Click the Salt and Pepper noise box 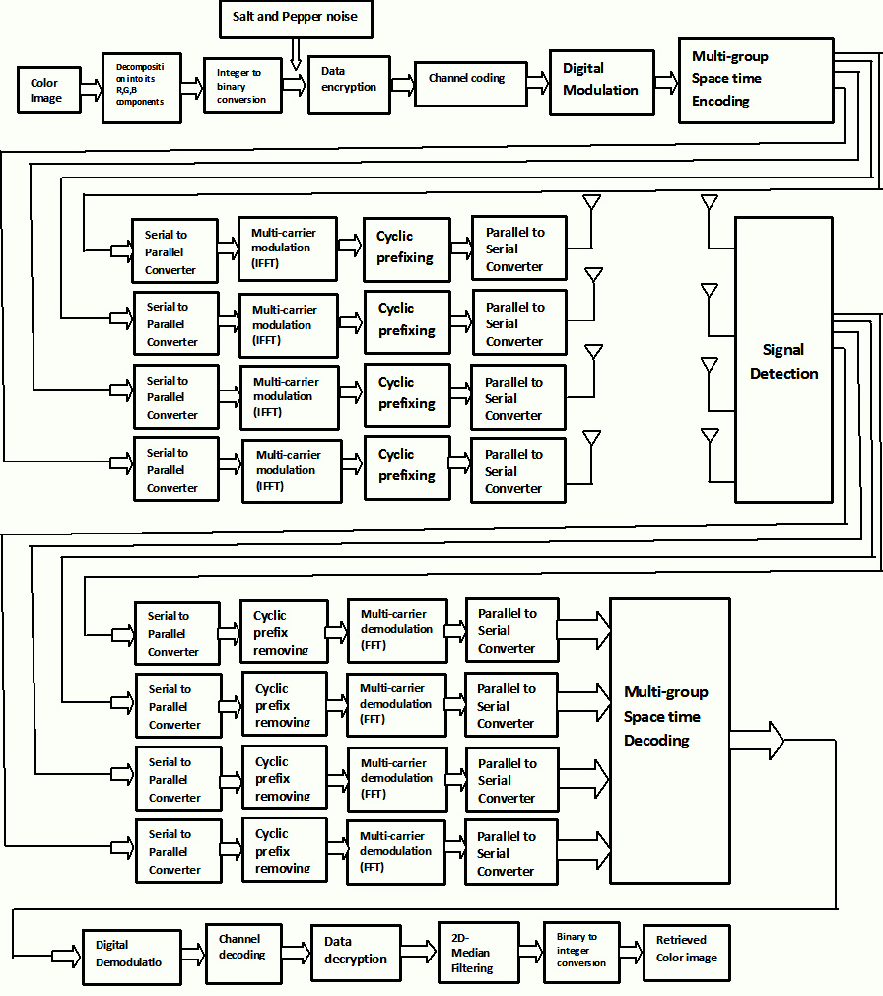295,19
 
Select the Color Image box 48,90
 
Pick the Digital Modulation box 601,80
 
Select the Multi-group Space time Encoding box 755,80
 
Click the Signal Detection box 783,361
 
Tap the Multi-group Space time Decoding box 669,740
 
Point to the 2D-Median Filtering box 477,954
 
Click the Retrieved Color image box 687,951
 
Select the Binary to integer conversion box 580,952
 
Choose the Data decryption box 355,952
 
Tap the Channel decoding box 242,953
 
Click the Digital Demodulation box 131,957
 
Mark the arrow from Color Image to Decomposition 91,91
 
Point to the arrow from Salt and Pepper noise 296,54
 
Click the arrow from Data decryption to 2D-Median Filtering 418,952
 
